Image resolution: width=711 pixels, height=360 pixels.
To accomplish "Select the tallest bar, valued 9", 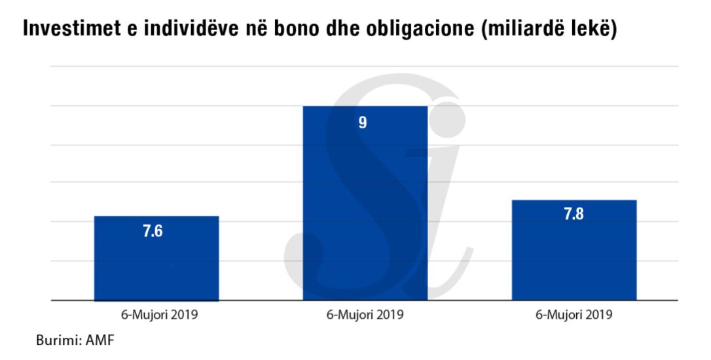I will [365, 203].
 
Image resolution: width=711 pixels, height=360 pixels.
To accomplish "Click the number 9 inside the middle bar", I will [362, 122].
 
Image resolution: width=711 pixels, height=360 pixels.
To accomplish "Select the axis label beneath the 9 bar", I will [365, 314].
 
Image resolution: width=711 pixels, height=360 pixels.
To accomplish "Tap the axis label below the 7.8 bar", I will [574, 314].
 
